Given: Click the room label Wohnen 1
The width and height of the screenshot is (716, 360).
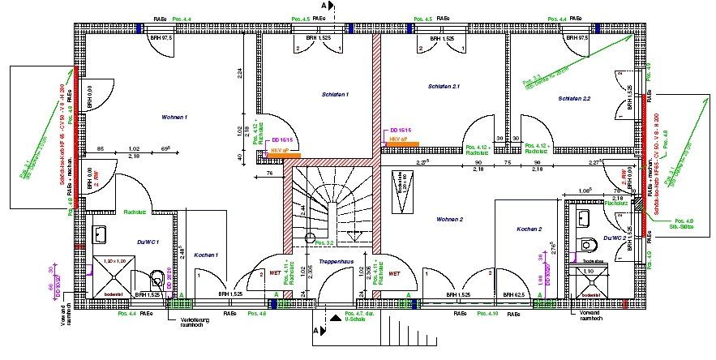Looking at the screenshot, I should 174,118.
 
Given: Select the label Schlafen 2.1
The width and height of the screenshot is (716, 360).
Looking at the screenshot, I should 444,86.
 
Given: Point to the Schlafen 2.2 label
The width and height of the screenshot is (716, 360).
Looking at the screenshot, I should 574,98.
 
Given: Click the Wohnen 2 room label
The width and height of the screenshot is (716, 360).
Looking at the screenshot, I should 449,220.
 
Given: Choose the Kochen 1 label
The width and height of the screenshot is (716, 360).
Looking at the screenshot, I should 206,255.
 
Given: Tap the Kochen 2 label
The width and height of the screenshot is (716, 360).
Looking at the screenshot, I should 529,229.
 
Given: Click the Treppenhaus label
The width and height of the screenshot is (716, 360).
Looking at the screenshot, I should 334,263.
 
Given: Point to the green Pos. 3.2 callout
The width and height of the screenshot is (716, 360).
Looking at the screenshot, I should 324,242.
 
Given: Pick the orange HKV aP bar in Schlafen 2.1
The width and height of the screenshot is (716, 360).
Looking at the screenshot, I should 404,144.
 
